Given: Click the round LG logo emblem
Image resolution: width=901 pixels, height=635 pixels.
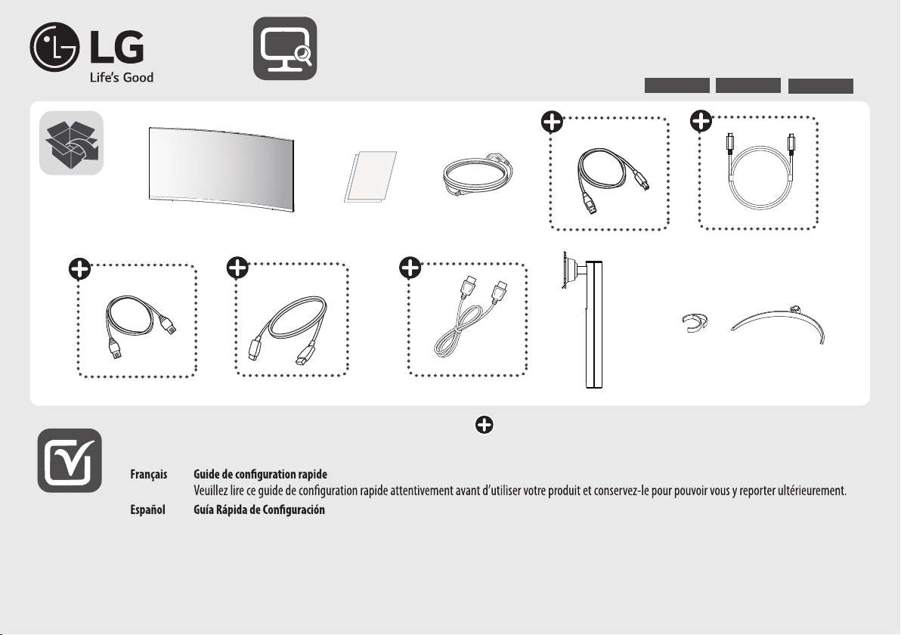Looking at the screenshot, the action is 54,47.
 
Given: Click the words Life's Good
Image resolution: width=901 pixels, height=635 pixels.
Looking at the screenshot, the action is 121,78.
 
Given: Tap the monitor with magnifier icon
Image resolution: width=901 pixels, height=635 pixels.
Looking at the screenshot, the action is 285,48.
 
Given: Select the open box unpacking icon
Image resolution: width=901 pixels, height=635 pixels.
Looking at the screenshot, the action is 71,143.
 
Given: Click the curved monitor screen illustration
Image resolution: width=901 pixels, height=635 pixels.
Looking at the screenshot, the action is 221,169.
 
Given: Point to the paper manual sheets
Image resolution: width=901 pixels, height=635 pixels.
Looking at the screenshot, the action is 370,176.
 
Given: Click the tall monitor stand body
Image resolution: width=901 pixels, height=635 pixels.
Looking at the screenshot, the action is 593,325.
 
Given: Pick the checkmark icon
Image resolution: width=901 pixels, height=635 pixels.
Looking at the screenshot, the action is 70,460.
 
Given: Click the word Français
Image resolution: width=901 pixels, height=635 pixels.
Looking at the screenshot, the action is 149,474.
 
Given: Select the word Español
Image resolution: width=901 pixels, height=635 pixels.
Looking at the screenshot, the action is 147,510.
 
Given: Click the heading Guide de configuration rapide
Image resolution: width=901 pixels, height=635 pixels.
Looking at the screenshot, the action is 260,474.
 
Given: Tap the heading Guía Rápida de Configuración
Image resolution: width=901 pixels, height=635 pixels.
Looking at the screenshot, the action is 259,510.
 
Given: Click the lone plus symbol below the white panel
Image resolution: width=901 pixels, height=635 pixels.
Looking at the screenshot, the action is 485,425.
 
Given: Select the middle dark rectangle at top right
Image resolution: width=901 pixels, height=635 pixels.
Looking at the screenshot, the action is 748,85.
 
